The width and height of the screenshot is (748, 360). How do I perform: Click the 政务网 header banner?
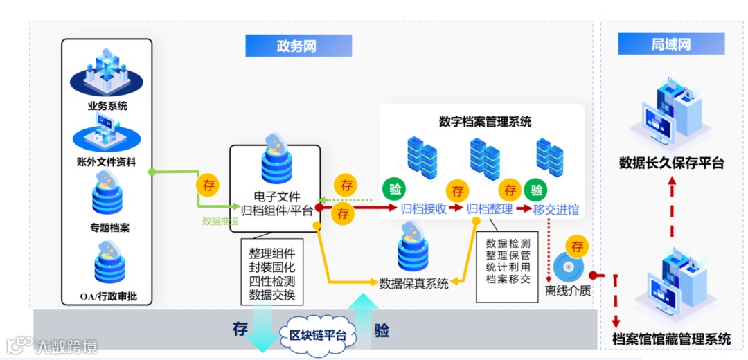(x=298, y=46)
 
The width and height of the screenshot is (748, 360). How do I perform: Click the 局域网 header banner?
(x=671, y=44)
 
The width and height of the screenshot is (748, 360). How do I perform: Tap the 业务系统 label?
(x=107, y=106)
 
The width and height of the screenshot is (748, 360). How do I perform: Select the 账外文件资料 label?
(x=107, y=163)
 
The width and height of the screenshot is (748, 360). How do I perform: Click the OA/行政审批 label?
(x=108, y=297)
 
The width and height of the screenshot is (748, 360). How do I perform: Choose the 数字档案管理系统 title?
(x=485, y=121)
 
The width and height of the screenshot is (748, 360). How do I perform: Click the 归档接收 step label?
(x=423, y=208)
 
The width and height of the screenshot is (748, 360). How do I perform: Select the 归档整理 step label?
(x=490, y=208)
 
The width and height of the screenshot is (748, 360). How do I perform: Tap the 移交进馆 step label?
(x=556, y=209)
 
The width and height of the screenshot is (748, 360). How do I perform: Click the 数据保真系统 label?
(x=413, y=282)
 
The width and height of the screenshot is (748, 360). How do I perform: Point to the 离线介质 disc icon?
(x=567, y=269)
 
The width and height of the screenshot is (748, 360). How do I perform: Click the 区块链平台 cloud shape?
(x=317, y=337)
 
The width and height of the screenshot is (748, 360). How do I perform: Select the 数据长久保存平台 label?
(x=671, y=163)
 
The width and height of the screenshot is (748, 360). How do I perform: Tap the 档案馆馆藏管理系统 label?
(x=671, y=339)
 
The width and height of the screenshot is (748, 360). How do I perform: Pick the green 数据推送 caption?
(x=220, y=222)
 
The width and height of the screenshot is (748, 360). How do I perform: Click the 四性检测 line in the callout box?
(x=272, y=282)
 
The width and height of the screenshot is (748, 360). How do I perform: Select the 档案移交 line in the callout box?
(x=508, y=280)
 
